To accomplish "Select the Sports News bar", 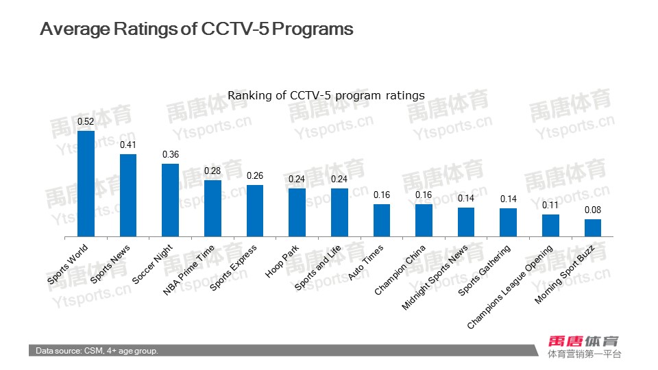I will (x=128, y=195).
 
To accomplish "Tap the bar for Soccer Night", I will (x=170, y=200).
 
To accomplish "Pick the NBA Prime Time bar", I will (x=212, y=208).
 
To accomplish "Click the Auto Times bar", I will (x=382, y=220).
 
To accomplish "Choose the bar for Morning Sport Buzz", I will (x=593, y=227).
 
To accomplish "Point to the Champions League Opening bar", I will (x=550, y=225).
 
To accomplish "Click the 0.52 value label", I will (x=86, y=121).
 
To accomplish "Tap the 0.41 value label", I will (x=128, y=145).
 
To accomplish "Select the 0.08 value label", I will (x=593, y=210).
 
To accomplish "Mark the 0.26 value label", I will (x=255, y=175).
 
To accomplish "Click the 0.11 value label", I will (x=550, y=205).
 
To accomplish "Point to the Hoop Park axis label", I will (x=282, y=262).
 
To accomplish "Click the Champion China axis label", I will (x=400, y=270).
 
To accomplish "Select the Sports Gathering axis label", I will (x=485, y=270).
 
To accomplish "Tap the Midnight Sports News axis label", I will (x=435, y=277).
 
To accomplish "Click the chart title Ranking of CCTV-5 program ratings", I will (x=326, y=95).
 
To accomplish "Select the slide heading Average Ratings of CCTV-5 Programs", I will (x=197, y=29).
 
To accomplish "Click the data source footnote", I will (x=97, y=351).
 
